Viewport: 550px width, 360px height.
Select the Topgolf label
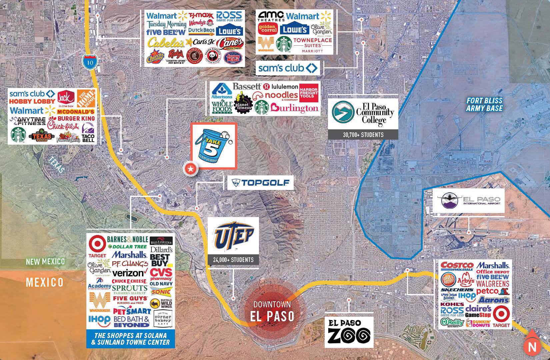point(260,183)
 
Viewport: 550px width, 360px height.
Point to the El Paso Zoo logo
point(349,332)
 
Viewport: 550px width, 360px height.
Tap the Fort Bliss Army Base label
point(484,104)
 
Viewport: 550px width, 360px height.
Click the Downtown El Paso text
point(272,312)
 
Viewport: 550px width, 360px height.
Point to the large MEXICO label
point(45,283)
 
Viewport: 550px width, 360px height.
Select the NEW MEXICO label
point(45,262)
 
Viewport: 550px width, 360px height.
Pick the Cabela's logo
point(166,43)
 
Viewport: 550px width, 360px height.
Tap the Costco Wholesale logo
point(457,266)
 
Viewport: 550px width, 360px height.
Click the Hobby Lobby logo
point(32,101)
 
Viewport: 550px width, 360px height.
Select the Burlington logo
point(294,108)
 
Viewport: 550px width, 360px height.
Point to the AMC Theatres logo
point(271,16)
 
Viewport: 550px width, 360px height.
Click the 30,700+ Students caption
point(363,135)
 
